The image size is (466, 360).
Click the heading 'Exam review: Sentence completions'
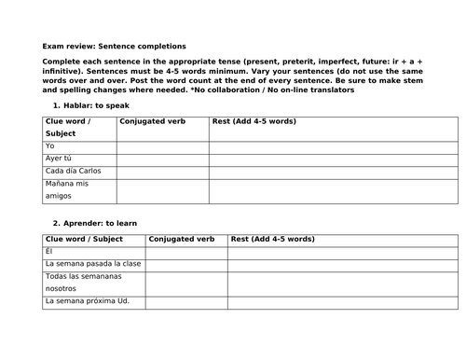(x=114, y=45)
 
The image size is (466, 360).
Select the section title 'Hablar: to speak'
(x=91, y=105)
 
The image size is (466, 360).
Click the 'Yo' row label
(x=49, y=146)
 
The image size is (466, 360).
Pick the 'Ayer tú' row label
(x=58, y=159)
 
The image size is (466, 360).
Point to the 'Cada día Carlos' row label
(x=72, y=171)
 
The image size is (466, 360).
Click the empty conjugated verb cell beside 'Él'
(x=185, y=252)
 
